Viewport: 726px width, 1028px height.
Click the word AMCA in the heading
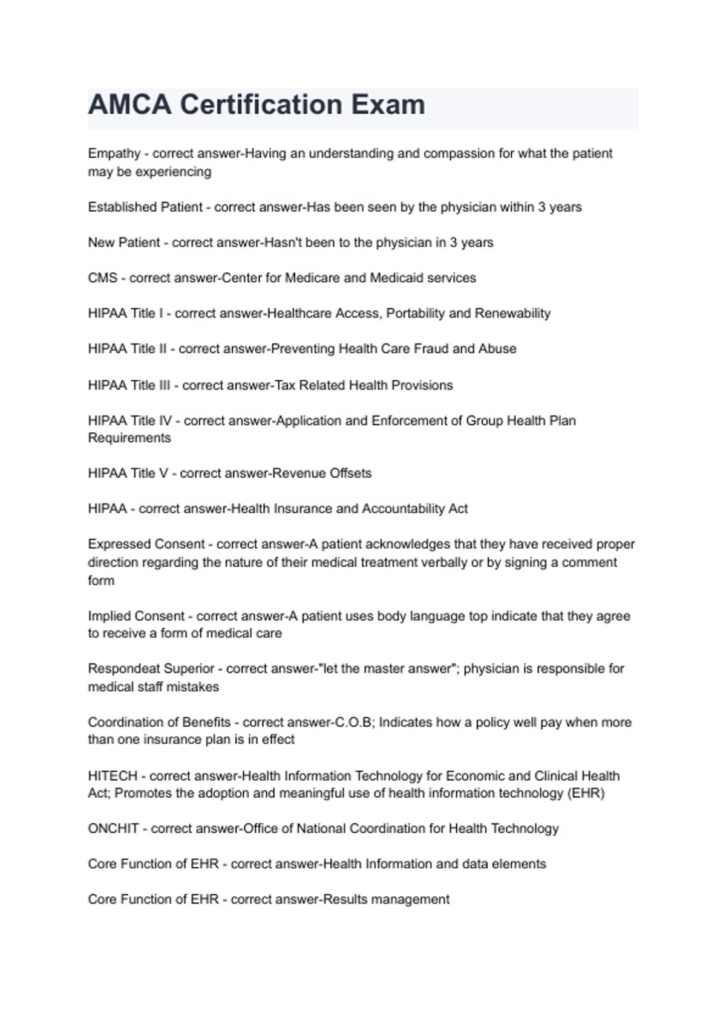tap(129, 105)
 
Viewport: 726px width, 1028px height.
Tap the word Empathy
tap(114, 154)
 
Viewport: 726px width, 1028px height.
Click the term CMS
tap(102, 278)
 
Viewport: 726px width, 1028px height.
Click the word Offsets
tap(350, 473)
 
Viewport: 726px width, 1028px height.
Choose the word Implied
tap(110, 616)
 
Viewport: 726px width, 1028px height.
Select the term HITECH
tap(113, 776)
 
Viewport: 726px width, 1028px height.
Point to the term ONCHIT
tap(113, 828)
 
